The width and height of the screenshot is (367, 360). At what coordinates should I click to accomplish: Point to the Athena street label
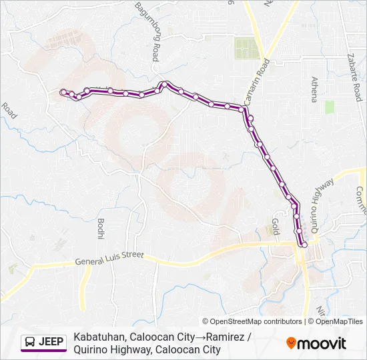point(314,89)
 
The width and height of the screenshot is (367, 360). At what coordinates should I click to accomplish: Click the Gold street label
point(274,226)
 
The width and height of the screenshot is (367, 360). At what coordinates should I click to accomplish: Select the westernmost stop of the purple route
point(63,93)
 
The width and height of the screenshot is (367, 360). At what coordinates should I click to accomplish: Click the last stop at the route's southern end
point(304,245)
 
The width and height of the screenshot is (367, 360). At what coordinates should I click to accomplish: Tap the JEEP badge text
point(51,342)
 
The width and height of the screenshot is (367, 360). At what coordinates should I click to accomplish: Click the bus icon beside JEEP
point(31,342)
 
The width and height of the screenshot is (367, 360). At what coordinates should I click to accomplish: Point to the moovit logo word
point(322,343)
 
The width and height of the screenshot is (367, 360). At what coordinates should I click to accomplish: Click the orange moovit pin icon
point(291,343)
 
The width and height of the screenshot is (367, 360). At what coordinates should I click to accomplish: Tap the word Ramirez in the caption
point(225,337)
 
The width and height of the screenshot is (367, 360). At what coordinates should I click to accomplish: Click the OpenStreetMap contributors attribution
point(253,321)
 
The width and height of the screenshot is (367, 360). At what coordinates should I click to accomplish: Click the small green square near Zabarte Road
point(329,107)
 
